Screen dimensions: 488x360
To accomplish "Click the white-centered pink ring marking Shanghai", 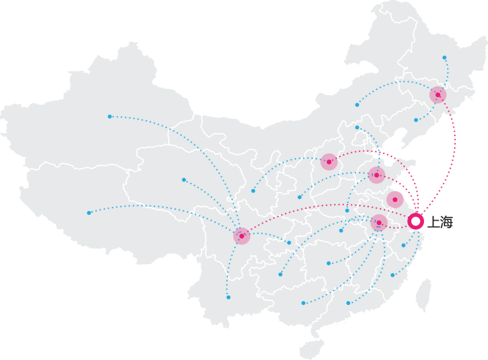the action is point(416,221).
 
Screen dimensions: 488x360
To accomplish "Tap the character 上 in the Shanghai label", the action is point(434,222).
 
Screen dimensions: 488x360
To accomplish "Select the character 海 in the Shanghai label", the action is point(446,222).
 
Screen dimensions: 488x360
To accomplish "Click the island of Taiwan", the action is point(424,295).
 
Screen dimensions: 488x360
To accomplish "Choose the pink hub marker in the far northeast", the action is point(438,95).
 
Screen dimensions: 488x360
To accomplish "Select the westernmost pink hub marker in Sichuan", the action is point(242,236).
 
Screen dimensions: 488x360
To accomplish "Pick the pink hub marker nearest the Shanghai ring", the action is point(395,200).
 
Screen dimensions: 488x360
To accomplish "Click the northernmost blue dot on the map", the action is point(445,58).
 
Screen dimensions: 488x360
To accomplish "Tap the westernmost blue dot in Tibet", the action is point(89,213).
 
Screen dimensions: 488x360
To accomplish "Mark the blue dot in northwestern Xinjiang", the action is point(109,116).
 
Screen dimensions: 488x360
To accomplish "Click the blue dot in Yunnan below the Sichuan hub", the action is point(228,297).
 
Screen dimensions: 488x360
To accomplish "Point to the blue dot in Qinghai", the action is point(184,180).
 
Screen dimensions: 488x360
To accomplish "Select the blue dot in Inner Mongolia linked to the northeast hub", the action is point(357,105).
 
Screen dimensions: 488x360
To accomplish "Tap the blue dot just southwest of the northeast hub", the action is point(416,120).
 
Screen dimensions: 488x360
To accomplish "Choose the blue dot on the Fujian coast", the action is point(393,275).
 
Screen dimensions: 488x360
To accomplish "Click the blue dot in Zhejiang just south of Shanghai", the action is point(404,246).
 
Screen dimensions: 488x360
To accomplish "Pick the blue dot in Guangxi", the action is point(303,303).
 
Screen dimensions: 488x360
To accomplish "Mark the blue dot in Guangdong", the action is point(349,303).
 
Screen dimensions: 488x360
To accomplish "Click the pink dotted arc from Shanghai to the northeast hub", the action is point(455,150).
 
